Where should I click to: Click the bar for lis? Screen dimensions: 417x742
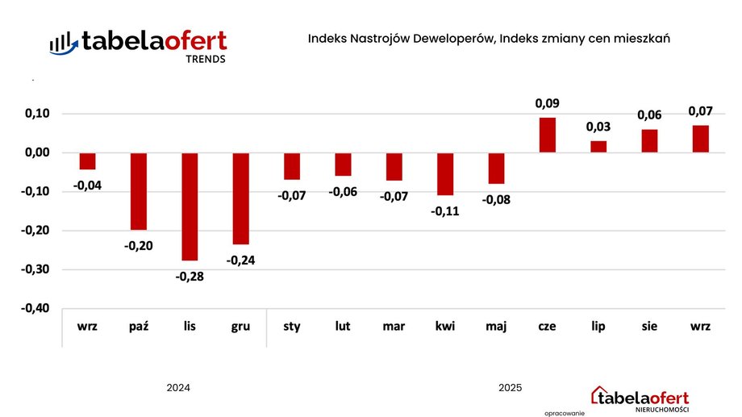click(190, 206)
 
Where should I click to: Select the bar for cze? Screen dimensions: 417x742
click(547, 135)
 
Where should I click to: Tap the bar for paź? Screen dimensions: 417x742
click(139, 191)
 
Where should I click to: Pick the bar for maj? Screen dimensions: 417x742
click(496, 169)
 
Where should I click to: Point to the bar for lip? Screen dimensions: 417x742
click(598, 146)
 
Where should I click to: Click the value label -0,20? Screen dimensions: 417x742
click(139, 245)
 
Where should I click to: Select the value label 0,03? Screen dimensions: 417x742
click(598, 127)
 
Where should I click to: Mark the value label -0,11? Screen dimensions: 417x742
click(444, 211)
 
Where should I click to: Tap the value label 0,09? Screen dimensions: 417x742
click(547, 103)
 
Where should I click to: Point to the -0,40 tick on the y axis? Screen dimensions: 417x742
click(34, 308)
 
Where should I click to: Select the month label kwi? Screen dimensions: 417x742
click(444, 327)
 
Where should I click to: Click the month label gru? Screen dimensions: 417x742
click(240, 327)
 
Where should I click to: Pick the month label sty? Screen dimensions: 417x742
click(291, 327)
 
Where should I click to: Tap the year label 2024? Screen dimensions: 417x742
click(178, 388)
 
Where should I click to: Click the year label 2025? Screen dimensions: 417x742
click(510, 388)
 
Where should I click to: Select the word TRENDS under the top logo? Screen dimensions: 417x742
click(206, 59)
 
